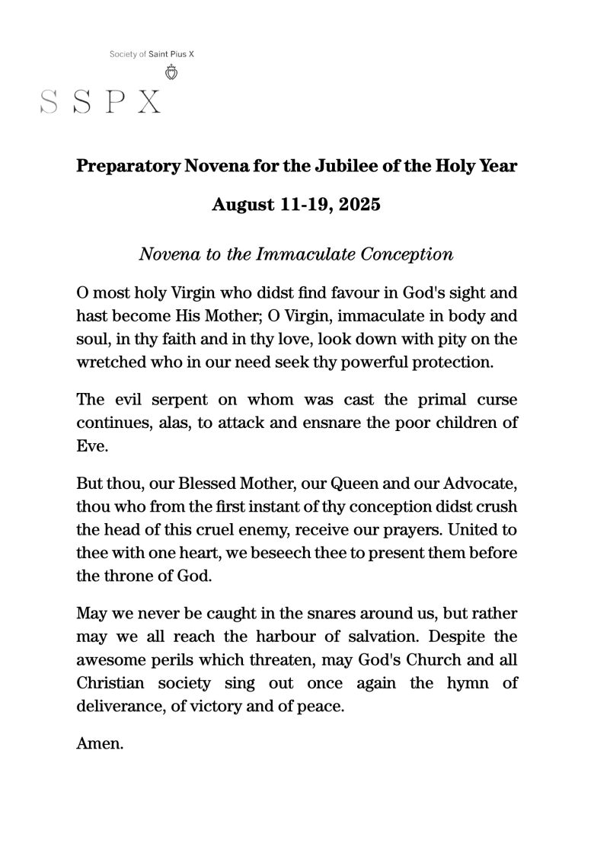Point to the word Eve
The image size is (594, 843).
(x=90, y=447)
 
